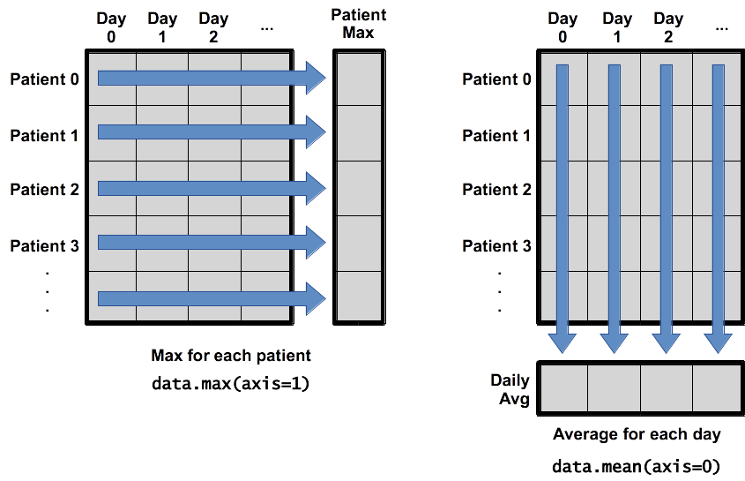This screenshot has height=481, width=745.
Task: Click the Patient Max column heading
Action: click(358, 24)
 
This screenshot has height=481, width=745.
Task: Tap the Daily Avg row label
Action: click(510, 390)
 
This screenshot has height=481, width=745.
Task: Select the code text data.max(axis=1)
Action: click(230, 383)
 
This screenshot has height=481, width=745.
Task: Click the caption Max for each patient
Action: click(231, 357)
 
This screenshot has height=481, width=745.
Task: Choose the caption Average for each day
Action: click(636, 434)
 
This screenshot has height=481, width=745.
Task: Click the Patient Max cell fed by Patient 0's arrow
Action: click(358, 79)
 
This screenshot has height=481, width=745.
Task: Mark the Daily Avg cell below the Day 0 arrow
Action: click(562, 387)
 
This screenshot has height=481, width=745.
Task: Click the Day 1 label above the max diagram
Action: click(162, 27)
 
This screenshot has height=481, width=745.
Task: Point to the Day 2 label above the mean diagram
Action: click(668, 27)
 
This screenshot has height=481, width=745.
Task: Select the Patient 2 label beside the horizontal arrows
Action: click(44, 190)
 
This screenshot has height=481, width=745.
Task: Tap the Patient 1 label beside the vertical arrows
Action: click(496, 135)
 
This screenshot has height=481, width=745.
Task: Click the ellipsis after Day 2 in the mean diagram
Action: click(722, 27)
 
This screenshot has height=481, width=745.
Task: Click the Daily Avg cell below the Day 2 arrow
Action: click(667, 387)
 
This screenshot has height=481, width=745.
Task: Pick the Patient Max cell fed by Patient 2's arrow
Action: click(358, 188)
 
